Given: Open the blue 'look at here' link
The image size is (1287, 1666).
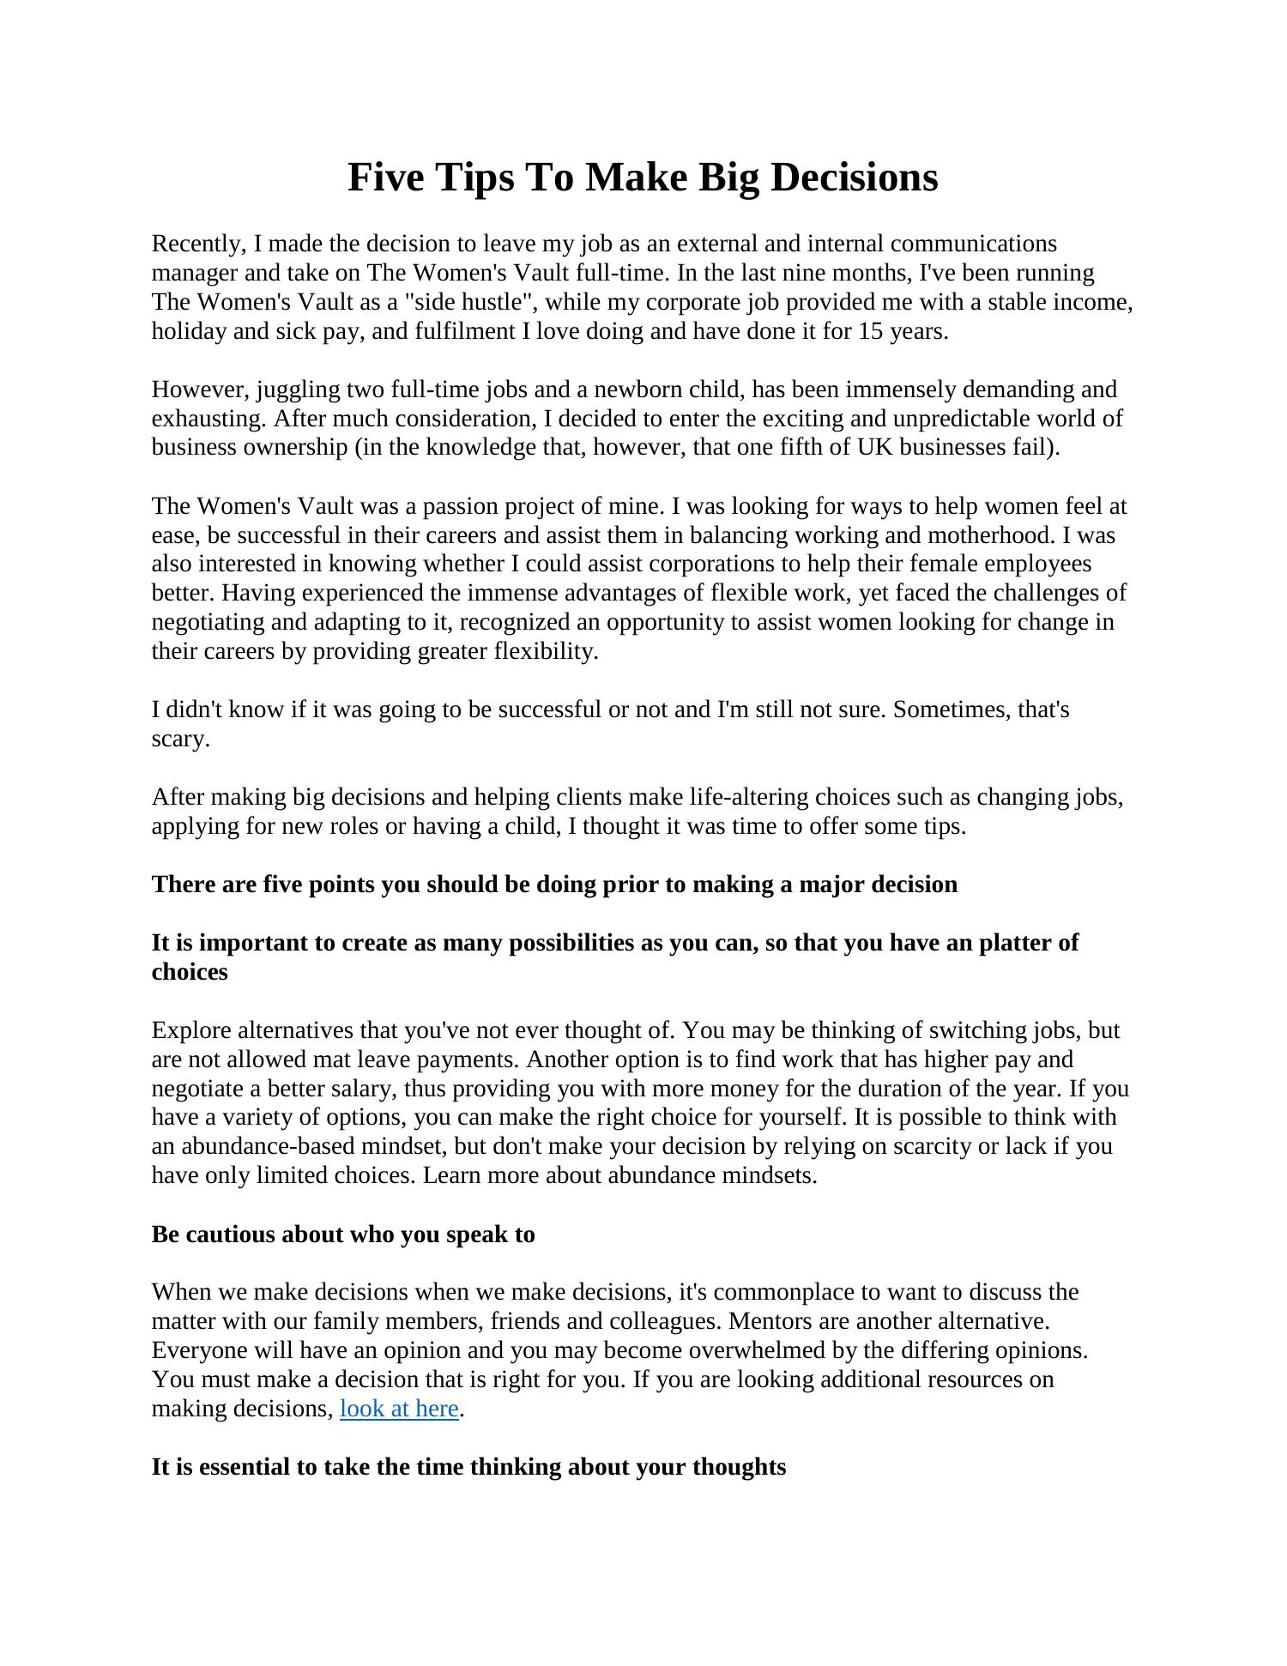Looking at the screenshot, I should click(x=399, y=1409).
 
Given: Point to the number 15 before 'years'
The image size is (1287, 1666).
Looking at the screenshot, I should click(x=871, y=331).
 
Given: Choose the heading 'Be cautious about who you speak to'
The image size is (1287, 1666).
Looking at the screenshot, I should click(x=343, y=1234).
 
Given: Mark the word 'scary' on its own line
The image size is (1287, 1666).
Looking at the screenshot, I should click(x=179, y=739).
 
